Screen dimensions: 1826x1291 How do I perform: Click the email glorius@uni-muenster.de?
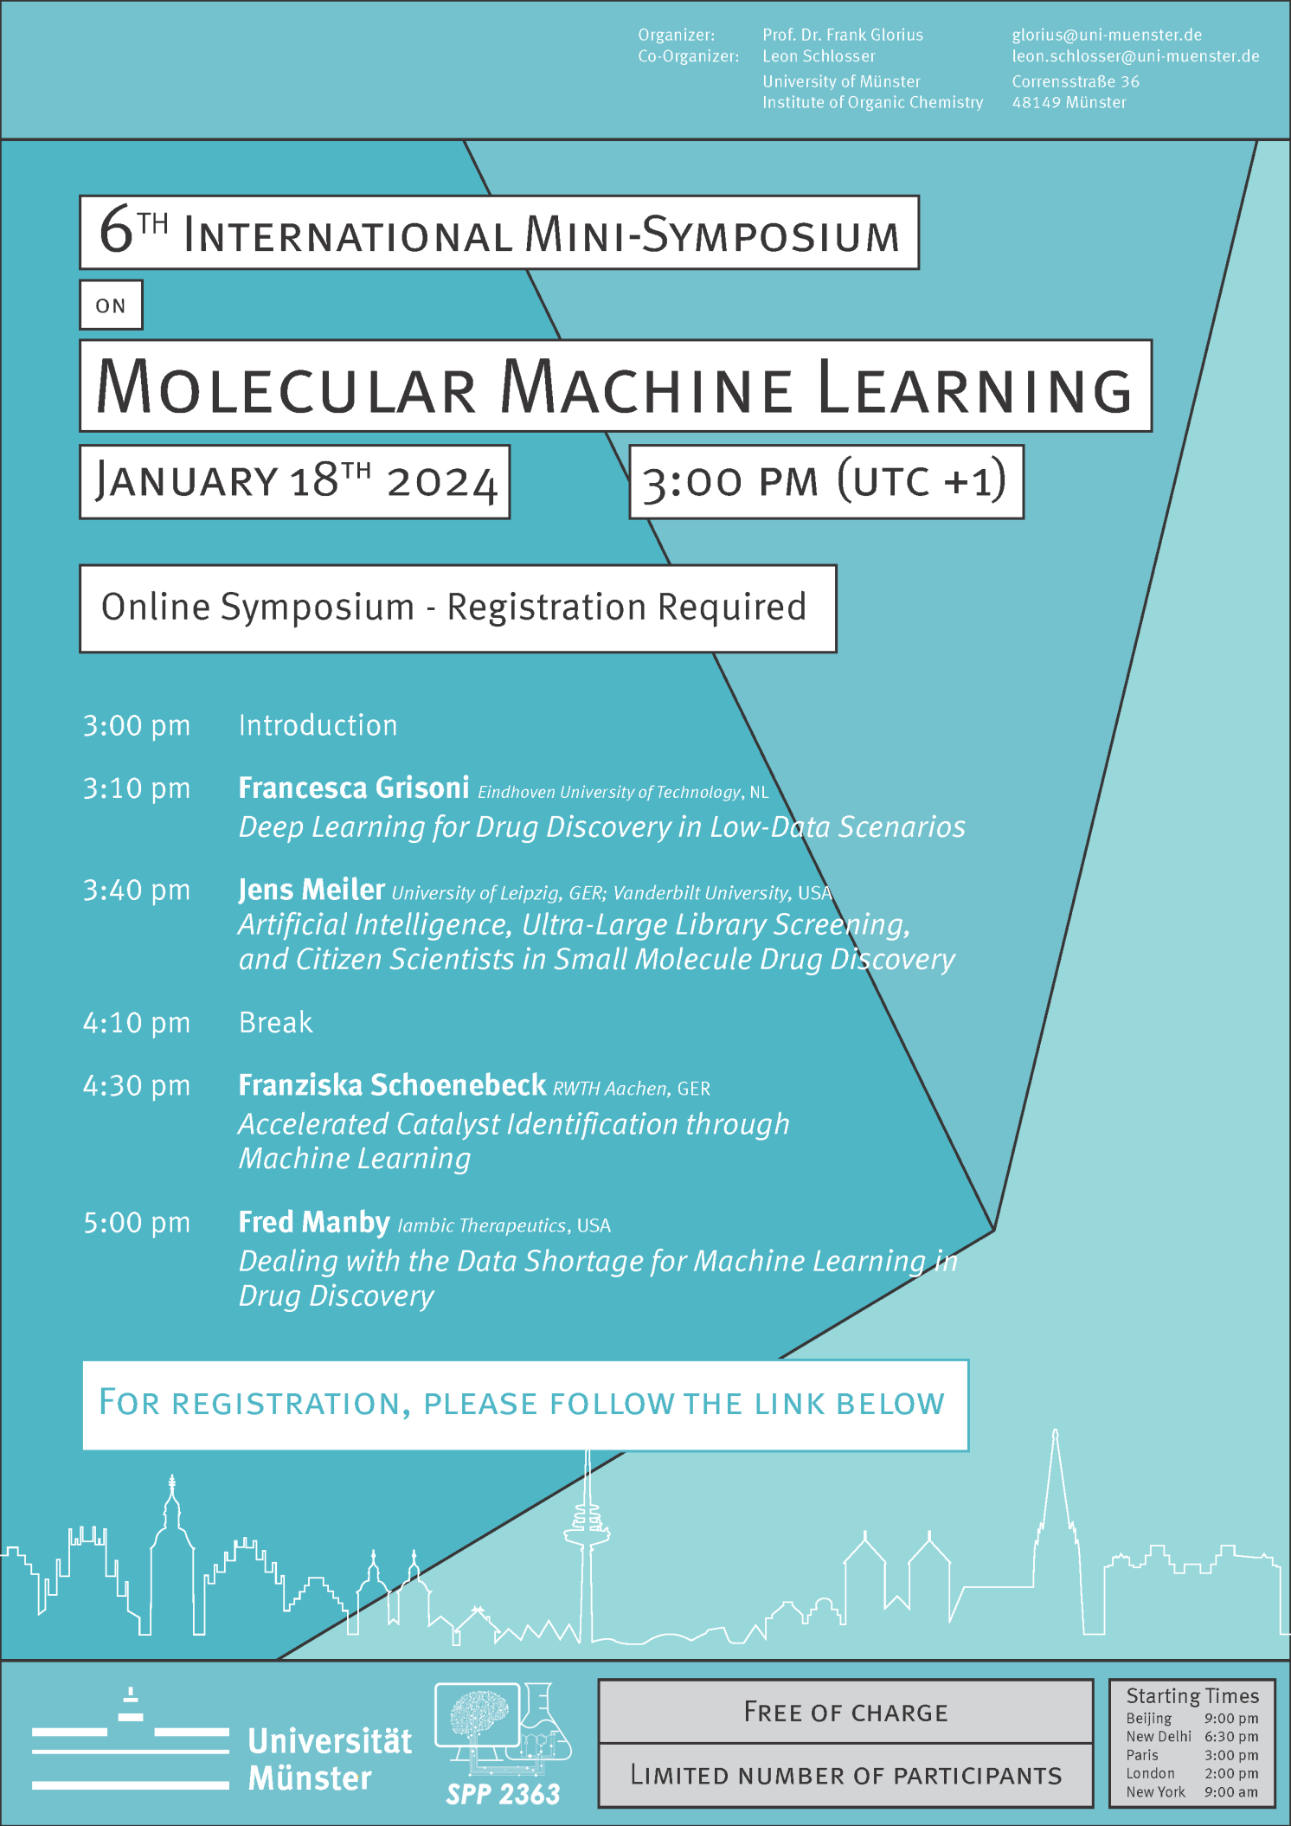pyautogui.click(x=1107, y=35)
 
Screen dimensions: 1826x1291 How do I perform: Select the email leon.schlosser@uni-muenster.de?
pyautogui.click(x=1135, y=56)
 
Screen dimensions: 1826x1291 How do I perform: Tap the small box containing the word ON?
pyautogui.click(x=111, y=305)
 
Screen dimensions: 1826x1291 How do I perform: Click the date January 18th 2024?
pyautogui.click(x=295, y=482)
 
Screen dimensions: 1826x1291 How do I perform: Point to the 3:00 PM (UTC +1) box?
pyautogui.click(x=825, y=482)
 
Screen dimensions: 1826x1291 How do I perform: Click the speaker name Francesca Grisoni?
pyautogui.click(x=354, y=788)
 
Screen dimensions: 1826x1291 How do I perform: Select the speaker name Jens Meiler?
pyautogui.click(x=312, y=890)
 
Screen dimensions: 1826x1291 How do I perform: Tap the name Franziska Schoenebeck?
pyautogui.click(x=392, y=1085)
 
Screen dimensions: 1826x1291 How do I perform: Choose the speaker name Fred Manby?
pyautogui.click(x=314, y=1222)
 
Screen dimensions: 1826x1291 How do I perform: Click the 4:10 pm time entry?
pyautogui.click(x=137, y=1023)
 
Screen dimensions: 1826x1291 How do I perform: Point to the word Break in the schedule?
pyautogui.click(x=275, y=1023)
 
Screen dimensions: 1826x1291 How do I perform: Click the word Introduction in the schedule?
pyautogui.click(x=318, y=725)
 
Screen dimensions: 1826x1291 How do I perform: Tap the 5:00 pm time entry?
pyautogui.click(x=137, y=1223)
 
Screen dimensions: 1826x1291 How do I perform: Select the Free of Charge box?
pyautogui.click(x=845, y=1712)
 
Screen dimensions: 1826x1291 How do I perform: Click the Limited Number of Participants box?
pyautogui.click(x=845, y=1776)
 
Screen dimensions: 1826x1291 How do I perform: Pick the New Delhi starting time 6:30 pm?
pyautogui.click(x=1230, y=1736)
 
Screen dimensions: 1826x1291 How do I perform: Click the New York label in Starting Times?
pyautogui.click(x=1155, y=1792)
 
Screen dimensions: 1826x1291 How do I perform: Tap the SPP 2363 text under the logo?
pyautogui.click(x=503, y=1794)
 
